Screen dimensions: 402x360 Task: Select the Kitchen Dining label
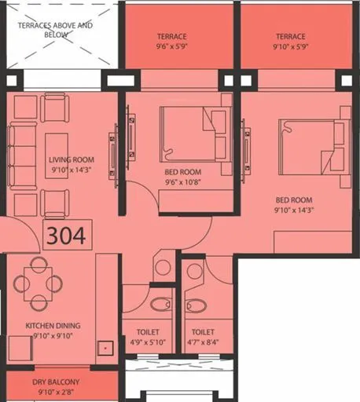(x=53, y=325)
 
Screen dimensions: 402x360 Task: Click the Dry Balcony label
(x=54, y=384)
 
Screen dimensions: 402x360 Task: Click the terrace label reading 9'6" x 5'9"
(x=171, y=46)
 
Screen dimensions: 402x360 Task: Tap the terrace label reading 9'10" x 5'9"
(x=291, y=46)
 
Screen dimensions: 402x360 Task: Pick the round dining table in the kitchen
(x=38, y=280)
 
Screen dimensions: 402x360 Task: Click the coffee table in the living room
(x=55, y=155)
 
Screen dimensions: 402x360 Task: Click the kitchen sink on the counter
(x=104, y=345)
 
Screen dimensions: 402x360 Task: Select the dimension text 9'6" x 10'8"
(x=182, y=182)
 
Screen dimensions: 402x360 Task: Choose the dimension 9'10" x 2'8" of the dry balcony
(x=54, y=393)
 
